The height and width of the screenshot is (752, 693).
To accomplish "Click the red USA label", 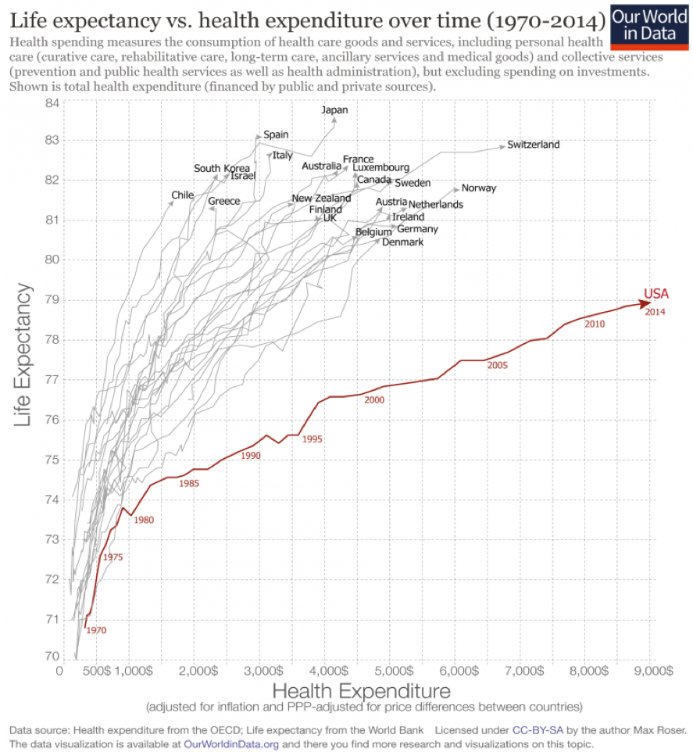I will click(x=656, y=295).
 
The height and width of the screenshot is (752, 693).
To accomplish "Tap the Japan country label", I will click(x=334, y=110).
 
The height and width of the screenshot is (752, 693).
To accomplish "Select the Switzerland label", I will click(x=533, y=145).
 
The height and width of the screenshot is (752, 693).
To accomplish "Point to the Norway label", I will click(x=479, y=188).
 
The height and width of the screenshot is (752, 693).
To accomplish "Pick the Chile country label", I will click(x=182, y=195).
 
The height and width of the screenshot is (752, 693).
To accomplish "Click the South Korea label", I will click(x=222, y=168).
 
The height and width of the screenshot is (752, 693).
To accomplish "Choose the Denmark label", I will click(x=402, y=242).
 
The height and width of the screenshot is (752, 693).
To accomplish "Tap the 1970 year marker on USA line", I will click(x=96, y=630).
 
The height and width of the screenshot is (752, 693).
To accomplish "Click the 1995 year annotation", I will click(x=312, y=439).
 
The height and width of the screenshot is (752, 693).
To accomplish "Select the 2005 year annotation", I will click(x=498, y=365).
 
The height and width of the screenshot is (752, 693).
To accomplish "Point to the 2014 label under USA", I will click(x=655, y=312).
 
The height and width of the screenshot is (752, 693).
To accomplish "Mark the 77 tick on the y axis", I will click(x=52, y=380).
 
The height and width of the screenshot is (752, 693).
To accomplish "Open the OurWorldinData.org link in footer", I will click(x=230, y=743).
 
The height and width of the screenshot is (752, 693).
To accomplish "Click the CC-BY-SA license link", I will click(x=539, y=729).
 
